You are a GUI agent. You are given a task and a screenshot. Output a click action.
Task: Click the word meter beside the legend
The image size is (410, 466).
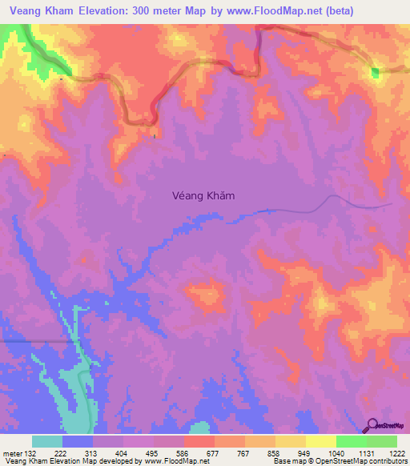click(12, 453)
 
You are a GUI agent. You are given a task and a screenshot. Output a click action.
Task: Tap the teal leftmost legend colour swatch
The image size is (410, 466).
click(47, 441)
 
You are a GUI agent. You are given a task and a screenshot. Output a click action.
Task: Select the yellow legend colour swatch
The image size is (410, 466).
click(321, 441)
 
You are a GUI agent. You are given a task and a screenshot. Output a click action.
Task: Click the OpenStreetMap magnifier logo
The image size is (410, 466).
click(373, 426)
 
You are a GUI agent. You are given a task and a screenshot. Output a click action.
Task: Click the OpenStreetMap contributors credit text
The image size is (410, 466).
click(364, 462)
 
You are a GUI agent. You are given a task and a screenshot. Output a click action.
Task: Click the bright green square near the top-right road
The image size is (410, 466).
click(375, 74)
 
